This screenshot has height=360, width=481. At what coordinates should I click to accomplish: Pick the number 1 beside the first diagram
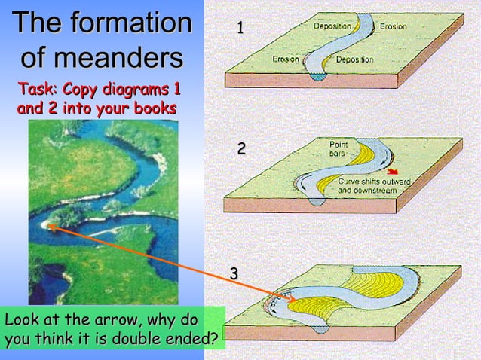coord(240,29)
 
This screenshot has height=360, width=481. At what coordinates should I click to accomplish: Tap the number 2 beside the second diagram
coord(241,149)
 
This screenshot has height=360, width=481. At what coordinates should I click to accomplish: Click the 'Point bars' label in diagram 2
coord(338,148)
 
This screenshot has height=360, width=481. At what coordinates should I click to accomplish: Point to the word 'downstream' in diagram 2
coord(371,191)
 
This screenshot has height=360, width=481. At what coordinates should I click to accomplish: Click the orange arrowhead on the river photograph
coord(51,224)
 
